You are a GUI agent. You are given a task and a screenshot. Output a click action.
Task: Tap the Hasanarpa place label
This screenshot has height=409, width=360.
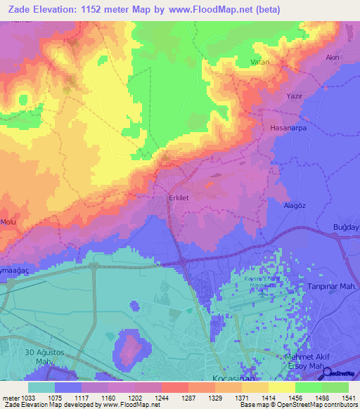pos(287,129)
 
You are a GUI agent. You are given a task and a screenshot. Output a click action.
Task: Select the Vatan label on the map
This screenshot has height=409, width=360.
pos(260,63)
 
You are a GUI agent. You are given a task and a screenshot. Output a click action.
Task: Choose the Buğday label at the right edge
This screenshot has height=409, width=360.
pos(345,227)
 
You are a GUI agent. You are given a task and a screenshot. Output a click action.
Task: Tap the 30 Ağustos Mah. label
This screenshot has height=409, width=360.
pos(44,356)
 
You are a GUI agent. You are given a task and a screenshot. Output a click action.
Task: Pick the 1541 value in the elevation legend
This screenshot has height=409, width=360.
pos(348,397)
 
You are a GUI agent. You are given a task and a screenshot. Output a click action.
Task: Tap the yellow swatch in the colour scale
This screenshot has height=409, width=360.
pos(282,387)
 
